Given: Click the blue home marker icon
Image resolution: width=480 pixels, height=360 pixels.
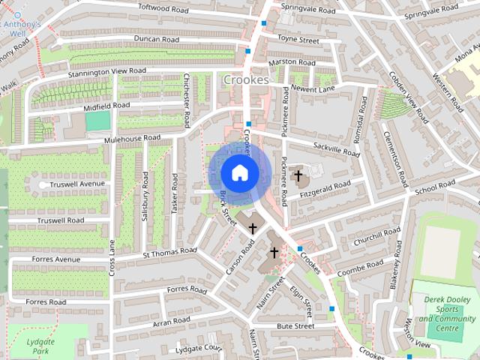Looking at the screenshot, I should [239, 173].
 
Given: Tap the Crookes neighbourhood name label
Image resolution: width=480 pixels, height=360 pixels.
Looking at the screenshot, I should [245, 79].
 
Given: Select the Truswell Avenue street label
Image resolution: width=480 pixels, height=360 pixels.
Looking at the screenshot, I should [76, 184].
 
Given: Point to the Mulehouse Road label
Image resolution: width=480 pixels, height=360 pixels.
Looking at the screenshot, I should [133, 139].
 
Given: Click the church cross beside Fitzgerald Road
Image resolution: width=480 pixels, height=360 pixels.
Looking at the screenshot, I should [298, 176].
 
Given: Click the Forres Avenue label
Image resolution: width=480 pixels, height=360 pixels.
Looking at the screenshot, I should [56, 259].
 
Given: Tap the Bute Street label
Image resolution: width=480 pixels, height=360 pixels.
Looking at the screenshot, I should [295, 326].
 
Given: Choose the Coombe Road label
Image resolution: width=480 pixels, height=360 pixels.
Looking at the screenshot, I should [361, 268].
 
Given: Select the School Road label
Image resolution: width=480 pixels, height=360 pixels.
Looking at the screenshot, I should [436, 188].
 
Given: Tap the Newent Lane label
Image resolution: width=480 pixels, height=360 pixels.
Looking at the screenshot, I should [313, 88].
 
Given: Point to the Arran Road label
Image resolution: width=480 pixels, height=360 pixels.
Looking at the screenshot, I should [171, 322].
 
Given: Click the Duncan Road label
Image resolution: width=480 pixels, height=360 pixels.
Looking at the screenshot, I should [156, 39].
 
